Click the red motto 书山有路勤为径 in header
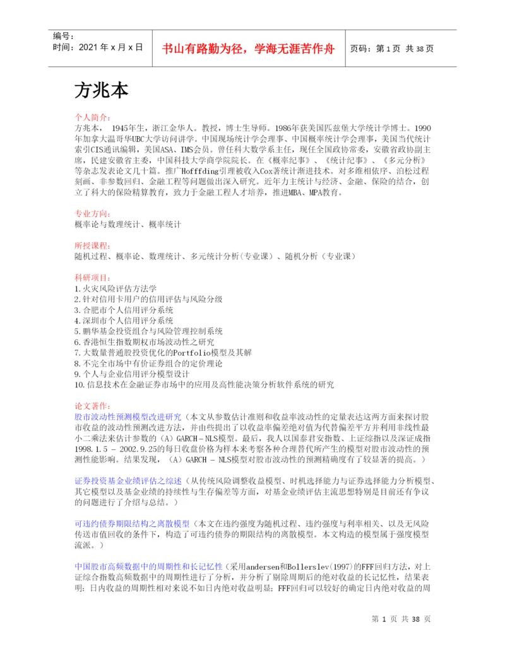pos(248,48)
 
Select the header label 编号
pos(64,37)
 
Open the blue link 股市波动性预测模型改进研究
pos(128,417)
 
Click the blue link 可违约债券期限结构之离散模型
pos(133,524)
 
